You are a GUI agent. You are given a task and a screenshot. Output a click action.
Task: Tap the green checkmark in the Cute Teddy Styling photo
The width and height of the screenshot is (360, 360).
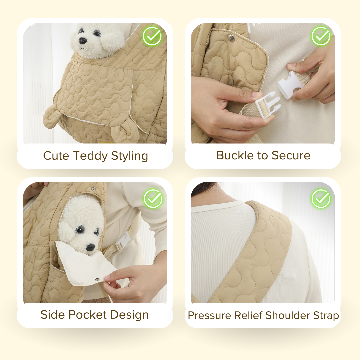152,36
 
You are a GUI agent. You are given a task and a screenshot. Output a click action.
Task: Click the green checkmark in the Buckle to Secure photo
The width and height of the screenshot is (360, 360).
321,36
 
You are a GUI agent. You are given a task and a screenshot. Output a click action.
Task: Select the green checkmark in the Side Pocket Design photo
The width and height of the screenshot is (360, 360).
153,199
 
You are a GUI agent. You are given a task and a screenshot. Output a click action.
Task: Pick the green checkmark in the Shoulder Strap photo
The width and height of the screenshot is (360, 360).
321,199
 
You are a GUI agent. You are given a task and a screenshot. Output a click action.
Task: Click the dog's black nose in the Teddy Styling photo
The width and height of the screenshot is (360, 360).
83,41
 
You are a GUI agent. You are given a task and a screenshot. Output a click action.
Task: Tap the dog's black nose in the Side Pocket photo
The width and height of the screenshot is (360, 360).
90,247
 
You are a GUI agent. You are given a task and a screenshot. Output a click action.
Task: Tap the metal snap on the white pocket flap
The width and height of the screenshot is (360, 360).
97,279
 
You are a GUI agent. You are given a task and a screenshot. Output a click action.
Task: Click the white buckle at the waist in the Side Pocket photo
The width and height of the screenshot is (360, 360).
122,242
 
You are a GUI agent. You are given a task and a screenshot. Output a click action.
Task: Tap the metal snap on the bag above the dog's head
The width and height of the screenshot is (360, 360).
93,189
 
